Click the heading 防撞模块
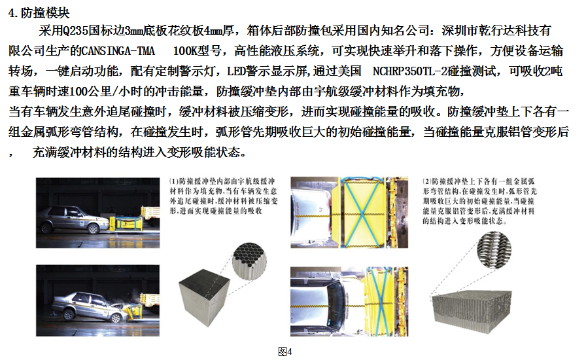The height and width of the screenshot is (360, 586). click(x=45, y=13)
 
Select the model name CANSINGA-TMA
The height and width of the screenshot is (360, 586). click(x=118, y=51)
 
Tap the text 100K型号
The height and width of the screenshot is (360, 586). click(x=197, y=51)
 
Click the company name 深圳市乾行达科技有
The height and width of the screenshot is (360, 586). click(x=496, y=31)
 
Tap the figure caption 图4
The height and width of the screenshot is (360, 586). click(x=285, y=351)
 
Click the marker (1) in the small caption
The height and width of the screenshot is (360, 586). click(x=174, y=181)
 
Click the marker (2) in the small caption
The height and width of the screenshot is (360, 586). click(x=427, y=181)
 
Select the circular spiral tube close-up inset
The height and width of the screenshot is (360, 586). click(x=494, y=249)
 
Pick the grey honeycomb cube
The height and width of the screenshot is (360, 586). click(x=204, y=297)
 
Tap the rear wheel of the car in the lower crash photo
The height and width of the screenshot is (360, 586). click(x=69, y=314)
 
